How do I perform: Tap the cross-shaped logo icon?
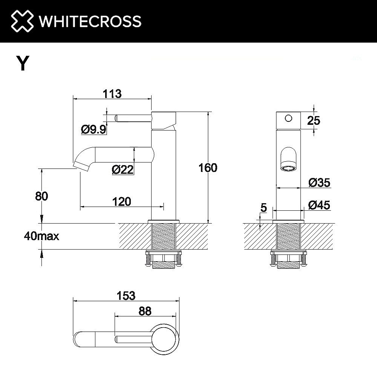pyautogui.click(x=22, y=21)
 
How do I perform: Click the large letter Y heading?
pyautogui.click(x=22, y=63)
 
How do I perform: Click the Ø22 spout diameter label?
pyautogui.click(x=123, y=170)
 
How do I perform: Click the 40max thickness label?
pyautogui.click(x=41, y=236)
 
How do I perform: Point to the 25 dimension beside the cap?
pyautogui.click(x=313, y=121)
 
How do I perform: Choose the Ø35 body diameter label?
pyautogui.click(x=319, y=183)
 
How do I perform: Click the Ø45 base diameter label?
pyautogui.click(x=319, y=205)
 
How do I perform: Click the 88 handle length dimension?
pyautogui.click(x=145, y=311)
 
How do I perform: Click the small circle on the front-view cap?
pyautogui.click(x=288, y=118)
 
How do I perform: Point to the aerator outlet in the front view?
pyautogui.click(x=289, y=167)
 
